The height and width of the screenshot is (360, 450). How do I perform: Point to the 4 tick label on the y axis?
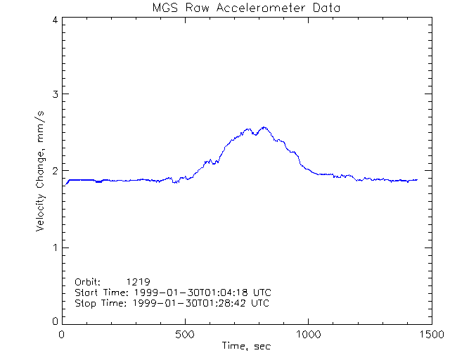click(54, 20)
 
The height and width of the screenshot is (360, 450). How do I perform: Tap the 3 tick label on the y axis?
click(54, 94)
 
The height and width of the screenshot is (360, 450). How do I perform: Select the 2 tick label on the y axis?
click(54, 171)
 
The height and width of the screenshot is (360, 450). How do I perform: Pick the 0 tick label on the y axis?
click(54, 321)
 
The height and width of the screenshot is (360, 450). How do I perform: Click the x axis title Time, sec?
click(246, 346)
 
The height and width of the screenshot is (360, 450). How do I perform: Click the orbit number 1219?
click(139, 281)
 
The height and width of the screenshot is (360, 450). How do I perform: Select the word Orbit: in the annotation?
click(88, 281)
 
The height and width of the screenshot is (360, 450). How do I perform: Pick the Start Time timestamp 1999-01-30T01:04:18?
click(198, 292)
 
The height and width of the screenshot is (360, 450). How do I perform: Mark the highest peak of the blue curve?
click(264, 127)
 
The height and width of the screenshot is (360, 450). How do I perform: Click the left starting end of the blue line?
click(65, 184)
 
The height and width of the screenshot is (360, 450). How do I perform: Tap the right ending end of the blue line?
click(417, 179)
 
